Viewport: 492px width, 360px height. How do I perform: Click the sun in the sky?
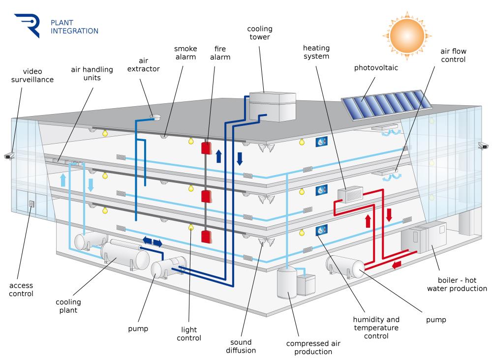407,35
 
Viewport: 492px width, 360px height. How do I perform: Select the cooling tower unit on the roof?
273,106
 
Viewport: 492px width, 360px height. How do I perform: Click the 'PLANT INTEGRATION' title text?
74,27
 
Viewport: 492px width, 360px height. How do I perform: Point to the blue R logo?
28,25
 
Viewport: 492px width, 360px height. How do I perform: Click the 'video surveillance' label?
32,76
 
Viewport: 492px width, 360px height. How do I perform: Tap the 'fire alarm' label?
220,53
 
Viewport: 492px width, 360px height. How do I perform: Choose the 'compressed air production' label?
313,347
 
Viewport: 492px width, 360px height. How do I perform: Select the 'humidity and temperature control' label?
376,328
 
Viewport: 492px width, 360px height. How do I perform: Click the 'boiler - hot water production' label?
457,284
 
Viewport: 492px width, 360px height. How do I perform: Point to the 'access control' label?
21,290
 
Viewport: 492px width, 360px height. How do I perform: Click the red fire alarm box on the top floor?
206,148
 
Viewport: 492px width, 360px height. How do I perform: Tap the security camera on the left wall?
9,156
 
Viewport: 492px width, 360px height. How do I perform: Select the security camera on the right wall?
483,146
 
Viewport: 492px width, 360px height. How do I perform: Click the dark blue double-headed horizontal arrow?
153,242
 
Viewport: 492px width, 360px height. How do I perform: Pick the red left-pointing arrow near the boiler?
397,265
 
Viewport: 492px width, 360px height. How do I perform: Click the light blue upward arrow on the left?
63,180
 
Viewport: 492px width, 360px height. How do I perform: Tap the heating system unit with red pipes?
350,194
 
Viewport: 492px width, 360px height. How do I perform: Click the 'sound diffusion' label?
241,346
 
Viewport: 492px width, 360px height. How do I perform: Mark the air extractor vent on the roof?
155,117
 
